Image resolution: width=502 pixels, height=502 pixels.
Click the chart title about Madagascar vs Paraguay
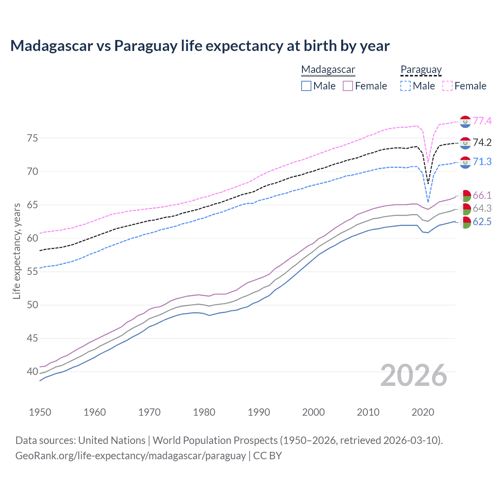(x=200, y=46)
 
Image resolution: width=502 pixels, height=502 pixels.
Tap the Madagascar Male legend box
(x=306, y=86)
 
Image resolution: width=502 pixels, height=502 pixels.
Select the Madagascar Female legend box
(x=348, y=86)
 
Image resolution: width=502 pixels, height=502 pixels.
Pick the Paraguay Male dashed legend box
(x=406, y=86)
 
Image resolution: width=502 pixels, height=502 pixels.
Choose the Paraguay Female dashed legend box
(x=447, y=86)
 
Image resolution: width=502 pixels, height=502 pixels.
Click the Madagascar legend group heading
(x=328, y=69)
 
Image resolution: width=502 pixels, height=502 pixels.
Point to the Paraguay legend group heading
(x=421, y=69)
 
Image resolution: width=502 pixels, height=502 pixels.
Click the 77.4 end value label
(x=482, y=121)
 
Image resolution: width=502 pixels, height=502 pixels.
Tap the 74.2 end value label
(x=482, y=142)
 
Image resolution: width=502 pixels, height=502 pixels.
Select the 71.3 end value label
(x=482, y=162)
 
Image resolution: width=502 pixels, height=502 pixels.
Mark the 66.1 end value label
(x=482, y=195)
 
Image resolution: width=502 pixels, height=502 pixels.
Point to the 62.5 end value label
(x=482, y=222)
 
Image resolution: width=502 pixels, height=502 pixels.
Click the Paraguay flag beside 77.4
(x=465, y=122)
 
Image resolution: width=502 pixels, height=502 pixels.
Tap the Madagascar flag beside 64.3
(x=465, y=209)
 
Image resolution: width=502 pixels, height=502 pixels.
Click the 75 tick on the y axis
(x=32, y=138)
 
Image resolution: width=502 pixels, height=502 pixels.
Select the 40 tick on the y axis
(x=32, y=371)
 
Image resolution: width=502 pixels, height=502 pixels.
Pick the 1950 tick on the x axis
(x=40, y=412)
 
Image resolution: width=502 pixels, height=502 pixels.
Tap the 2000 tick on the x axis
(x=313, y=412)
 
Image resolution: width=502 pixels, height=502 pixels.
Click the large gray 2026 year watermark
(x=414, y=375)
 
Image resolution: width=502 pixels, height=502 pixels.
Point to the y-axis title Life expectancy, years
(x=16, y=251)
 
